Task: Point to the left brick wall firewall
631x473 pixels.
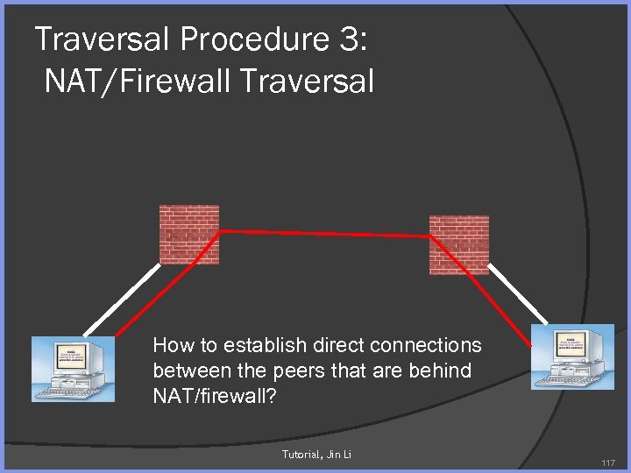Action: (x=188, y=234)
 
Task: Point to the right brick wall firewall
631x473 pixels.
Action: (x=458, y=244)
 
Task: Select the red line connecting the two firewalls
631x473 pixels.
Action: (x=324, y=233)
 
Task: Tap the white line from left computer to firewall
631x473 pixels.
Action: (x=131, y=299)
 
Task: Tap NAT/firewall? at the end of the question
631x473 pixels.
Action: (x=214, y=396)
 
